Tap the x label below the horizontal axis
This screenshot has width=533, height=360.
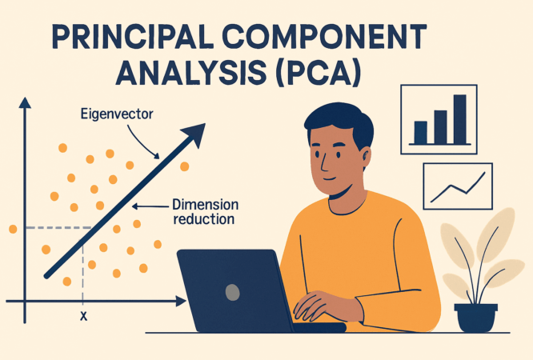point(83,316)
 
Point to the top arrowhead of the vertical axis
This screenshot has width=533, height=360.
point(25,102)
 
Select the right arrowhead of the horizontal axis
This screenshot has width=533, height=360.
point(181,302)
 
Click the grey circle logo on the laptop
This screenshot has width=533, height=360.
point(233,291)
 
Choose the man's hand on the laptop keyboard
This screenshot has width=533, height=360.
point(321,308)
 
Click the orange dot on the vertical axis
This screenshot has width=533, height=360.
point(13,230)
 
